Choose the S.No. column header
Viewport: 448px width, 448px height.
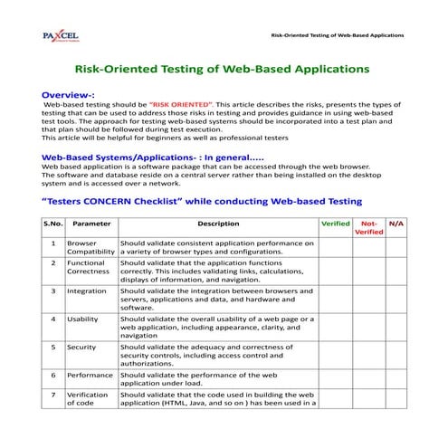click(x=52, y=223)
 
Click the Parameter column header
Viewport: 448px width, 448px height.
click(x=91, y=223)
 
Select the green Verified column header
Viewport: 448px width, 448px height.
click(x=335, y=223)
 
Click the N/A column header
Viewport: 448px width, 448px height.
click(x=396, y=223)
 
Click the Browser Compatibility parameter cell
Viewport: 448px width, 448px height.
click(x=91, y=247)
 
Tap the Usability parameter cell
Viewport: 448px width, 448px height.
click(x=83, y=319)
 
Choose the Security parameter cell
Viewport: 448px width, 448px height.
click(x=81, y=347)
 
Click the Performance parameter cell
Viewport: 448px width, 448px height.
click(x=90, y=375)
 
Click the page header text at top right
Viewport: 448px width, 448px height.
click(x=350, y=35)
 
